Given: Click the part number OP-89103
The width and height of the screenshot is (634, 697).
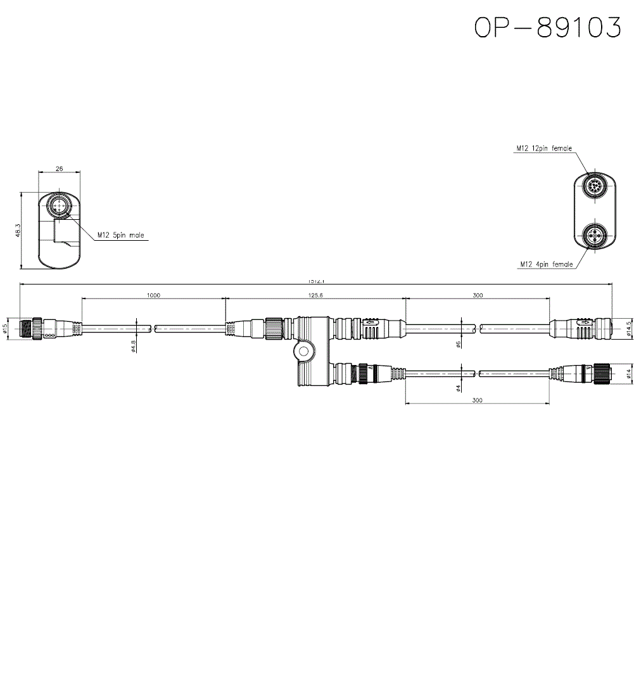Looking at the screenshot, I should tap(548, 27).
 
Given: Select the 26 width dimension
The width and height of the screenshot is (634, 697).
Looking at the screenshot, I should tap(60, 169).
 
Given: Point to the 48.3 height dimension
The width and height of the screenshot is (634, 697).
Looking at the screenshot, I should tap(18, 230).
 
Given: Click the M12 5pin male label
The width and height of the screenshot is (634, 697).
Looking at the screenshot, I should tap(120, 235).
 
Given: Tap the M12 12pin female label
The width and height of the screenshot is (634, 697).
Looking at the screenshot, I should tap(543, 148).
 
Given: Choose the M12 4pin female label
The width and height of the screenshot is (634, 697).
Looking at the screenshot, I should tap(546, 264).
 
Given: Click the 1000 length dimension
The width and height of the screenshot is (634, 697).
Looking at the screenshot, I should tap(153, 295).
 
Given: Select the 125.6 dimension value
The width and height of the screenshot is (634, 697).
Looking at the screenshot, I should tap(315, 295).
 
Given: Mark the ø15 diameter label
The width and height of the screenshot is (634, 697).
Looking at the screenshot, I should tap(5, 328).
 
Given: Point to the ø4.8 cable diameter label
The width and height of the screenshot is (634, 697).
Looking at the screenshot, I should tap(133, 346).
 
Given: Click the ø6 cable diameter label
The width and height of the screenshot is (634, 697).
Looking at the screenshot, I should tap(458, 345).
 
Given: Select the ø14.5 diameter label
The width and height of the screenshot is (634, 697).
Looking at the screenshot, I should tap(628, 328).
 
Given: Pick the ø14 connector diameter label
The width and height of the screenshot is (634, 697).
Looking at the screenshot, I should tap(628, 374).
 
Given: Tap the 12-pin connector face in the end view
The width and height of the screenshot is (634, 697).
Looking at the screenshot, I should tap(595, 188).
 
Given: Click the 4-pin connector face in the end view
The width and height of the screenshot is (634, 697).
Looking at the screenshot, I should tap(595, 236).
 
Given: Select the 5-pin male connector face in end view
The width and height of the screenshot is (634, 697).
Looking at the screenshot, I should tap(59, 206).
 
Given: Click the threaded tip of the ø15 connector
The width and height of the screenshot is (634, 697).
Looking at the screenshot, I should tap(26, 328).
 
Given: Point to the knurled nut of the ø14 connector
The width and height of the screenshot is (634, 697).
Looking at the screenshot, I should tap(600, 374).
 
